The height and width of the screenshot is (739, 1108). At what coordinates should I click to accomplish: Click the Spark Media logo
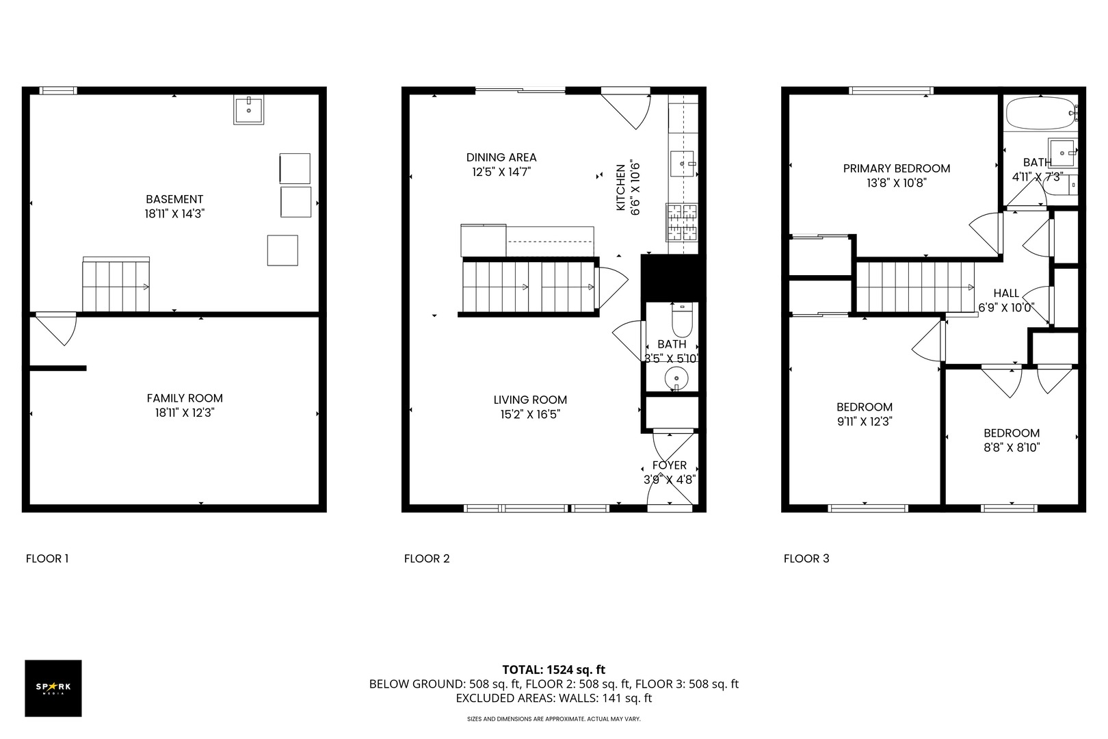tap(53, 688)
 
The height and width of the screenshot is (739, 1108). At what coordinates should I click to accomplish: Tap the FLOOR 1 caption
tap(47, 559)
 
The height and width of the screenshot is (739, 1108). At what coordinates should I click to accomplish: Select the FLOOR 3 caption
tap(806, 559)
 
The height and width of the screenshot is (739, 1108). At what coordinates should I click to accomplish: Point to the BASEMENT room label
tap(174, 200)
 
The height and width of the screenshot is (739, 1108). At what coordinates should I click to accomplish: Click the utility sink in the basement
tap(249, 109)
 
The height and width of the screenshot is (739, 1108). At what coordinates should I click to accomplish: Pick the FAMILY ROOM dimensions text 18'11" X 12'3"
tap(185, 413)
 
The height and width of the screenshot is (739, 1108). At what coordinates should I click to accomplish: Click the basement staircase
tap(116, 285)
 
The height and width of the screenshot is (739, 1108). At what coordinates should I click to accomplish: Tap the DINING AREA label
tap(501, 157)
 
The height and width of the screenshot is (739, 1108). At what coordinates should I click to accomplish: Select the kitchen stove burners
tap(682, 222)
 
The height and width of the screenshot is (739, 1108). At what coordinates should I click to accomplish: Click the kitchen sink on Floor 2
tap(682, 164)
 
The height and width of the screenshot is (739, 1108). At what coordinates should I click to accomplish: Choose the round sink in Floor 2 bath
tap(676, 378)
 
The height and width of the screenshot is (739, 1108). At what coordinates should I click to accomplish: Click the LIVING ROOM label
tap(530, 400)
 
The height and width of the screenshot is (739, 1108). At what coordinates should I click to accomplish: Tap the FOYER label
tap(670, 465)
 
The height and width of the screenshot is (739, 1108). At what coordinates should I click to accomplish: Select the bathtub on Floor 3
tap(1041, 114)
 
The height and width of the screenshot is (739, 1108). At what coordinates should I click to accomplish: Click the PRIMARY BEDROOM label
tap(896, 169)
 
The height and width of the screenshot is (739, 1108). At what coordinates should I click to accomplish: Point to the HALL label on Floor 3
tap(1006, 293)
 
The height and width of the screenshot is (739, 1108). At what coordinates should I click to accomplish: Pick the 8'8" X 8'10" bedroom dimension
tap(1012, 448)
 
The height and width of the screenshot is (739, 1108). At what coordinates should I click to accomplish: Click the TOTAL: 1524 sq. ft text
tap(553, 670)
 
